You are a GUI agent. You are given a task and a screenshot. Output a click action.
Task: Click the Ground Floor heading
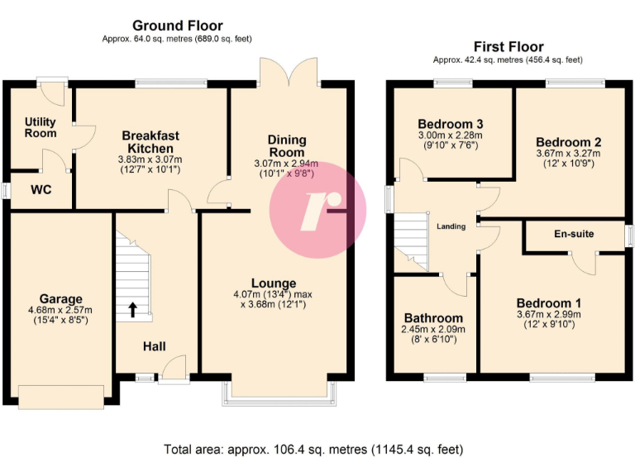[x=177, y=26]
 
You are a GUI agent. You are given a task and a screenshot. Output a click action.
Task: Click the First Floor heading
[x=508, y=46]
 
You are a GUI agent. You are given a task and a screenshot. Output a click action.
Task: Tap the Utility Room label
[x=41, y=127]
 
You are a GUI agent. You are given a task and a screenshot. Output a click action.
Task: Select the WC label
[x=41, y=189]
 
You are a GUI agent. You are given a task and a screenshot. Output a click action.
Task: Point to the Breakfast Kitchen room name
[x=150, y=141]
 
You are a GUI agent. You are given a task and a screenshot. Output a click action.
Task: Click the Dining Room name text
[x=286, y=146]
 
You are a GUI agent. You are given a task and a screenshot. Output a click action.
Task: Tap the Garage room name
[x=61, y=299]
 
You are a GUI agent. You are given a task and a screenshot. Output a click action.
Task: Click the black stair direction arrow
[x=132, y=311]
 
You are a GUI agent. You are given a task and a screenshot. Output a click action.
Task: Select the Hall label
[x=155, y=346]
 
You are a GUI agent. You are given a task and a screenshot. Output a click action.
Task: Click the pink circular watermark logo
[x=317, y=210]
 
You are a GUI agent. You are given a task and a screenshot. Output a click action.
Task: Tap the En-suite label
[x=574, y=234]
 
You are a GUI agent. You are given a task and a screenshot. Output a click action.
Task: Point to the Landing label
[x=451, y=226]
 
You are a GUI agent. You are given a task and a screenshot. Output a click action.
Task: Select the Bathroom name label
[x=433, y=318]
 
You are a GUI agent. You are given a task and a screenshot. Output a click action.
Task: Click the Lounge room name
[x=274, y=283]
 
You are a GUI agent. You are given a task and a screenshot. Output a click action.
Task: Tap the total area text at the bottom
[x=313, y=450]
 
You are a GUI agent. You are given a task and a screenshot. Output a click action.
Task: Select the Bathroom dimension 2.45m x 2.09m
[x=434, y=329]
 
